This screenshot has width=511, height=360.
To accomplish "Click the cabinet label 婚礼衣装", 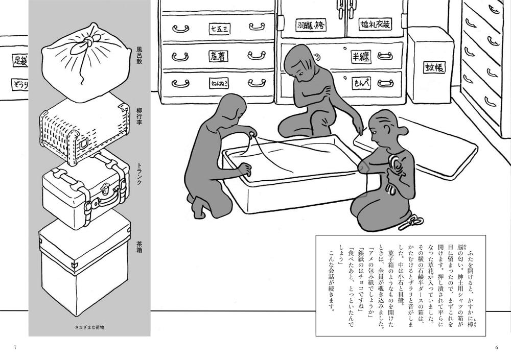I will (x=376, y=24).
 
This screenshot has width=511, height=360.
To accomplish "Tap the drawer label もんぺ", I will (x=364, y=82).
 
